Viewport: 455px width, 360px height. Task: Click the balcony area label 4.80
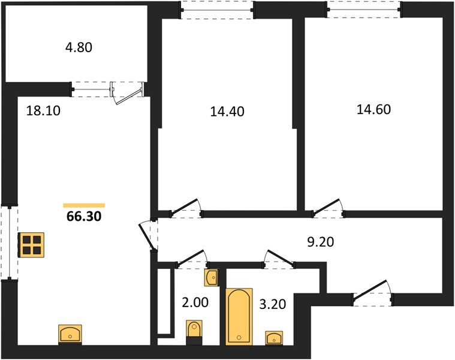pos(79,47)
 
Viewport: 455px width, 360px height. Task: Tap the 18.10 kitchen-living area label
pos(43,110)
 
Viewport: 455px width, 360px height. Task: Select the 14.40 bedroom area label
pos(227,112)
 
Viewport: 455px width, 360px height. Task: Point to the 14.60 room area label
pos(373,109)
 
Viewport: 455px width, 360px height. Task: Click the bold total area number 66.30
pos(84,216)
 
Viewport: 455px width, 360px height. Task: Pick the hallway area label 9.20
pos(321,242)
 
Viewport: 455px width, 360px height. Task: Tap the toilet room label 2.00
pos(195,302)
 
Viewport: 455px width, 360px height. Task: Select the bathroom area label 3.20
pos(273,304)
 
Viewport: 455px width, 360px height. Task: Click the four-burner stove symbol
pos(31,245)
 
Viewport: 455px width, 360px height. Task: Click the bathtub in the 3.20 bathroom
pos(239,316)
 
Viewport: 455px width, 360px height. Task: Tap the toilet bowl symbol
pos(194,332)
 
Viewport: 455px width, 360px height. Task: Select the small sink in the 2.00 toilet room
pos(212,278)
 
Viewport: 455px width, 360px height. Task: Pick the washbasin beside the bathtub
pos(274,338)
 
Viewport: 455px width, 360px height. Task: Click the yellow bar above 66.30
pos(84,206)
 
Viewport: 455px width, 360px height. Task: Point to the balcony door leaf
pos(129,96)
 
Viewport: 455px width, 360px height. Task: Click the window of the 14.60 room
pos(364,10)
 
